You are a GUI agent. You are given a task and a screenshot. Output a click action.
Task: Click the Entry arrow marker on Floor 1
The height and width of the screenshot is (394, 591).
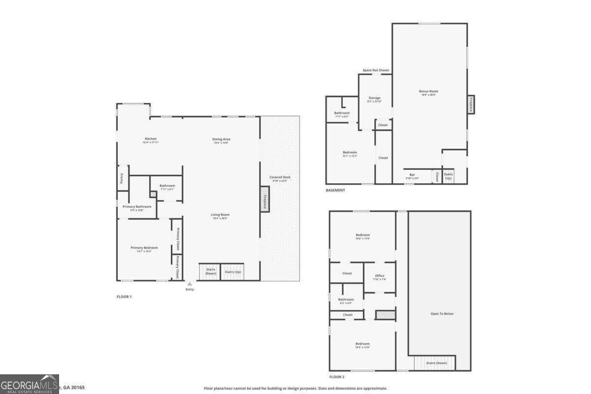click(190, 284)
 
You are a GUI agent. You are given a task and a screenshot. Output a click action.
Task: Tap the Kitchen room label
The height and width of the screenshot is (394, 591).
click(151, 139)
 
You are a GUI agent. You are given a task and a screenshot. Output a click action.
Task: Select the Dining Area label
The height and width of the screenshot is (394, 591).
click(222, 139)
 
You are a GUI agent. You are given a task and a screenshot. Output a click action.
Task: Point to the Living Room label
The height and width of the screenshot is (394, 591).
click(220, 215)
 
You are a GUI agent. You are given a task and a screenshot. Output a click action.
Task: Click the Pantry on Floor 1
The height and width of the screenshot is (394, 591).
click(122, 178)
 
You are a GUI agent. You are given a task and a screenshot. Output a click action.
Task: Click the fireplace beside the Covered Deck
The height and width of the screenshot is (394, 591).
click(265, 199)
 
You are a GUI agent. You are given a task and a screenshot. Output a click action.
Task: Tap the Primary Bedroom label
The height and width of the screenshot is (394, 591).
click(144, 248)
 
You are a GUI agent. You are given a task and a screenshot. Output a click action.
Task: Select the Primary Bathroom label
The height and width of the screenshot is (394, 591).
click(137, 207)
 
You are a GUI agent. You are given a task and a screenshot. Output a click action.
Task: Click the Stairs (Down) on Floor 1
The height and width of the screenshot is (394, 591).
click(210, 271)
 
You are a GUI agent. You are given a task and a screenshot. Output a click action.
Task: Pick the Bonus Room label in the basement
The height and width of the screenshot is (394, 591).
click(428, 91)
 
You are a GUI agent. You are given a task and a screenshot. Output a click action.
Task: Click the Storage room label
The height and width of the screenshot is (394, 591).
click(374, 98)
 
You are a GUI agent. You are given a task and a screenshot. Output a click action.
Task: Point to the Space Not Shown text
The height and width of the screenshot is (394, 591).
click(376, 70)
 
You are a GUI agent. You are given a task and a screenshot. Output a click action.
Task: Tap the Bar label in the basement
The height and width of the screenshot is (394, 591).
click(412, 175)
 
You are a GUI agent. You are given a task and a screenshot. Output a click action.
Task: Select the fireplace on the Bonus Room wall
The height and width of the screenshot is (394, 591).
click(471, 104)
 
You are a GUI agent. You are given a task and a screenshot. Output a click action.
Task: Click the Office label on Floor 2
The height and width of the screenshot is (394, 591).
click(379, 276)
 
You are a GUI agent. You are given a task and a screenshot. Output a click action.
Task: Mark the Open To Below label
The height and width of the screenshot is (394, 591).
click(442, 313)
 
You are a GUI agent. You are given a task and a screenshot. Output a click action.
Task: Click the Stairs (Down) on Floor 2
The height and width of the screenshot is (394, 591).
click(434, 363)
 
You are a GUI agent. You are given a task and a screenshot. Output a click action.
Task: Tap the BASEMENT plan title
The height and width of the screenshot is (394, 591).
click(335, 190)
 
